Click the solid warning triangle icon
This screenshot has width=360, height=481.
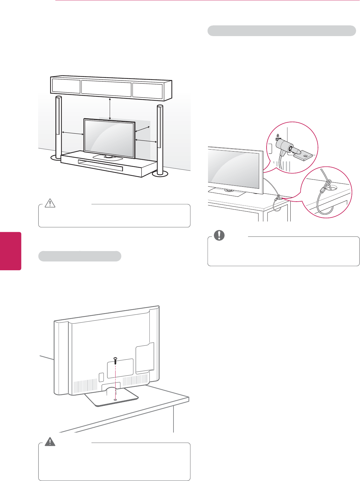tap(50, 442)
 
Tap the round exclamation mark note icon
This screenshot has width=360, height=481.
tap(219, 235)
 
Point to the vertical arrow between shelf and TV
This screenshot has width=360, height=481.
tap(110, 108)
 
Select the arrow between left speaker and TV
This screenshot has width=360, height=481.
tap(73, 133)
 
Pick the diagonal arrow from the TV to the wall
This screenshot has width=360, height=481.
tap(141, 129)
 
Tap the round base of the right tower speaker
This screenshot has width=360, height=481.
tap(160, 174)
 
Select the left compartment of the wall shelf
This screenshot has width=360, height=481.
tap(66, 86)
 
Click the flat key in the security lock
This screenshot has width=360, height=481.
tap(303, 156)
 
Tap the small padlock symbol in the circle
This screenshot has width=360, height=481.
tap(278, 135)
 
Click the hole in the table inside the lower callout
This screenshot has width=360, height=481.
tap(331, 187)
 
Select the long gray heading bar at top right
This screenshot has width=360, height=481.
tap(282, 31)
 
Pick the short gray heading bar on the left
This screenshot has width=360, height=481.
tap(80, 256)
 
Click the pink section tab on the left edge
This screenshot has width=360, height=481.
tap(10, 251)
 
